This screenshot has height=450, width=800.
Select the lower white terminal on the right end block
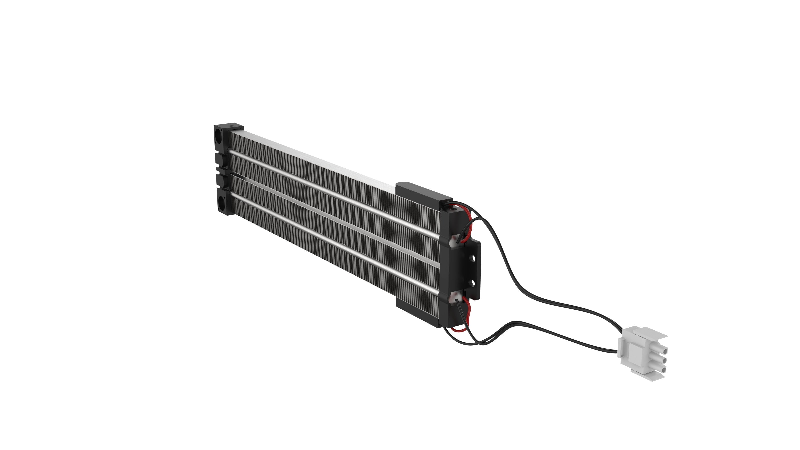coord(454,298)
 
